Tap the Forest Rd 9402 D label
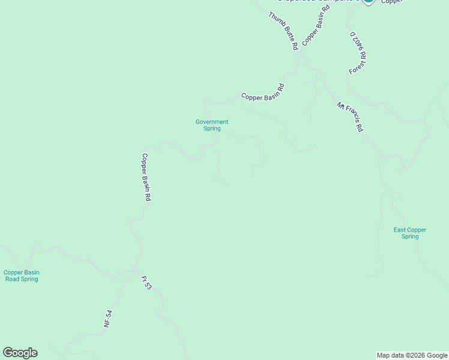358,53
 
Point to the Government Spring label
212,125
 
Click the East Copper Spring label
410,233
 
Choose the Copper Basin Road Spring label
22,275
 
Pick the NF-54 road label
108,317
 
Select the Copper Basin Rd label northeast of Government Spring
262,91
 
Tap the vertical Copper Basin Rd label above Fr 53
145,177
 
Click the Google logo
20,353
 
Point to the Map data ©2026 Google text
412,355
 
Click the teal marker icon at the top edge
369,2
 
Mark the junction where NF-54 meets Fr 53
134,271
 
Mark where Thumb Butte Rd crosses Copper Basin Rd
300,54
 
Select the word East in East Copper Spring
400,230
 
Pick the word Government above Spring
212,122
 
